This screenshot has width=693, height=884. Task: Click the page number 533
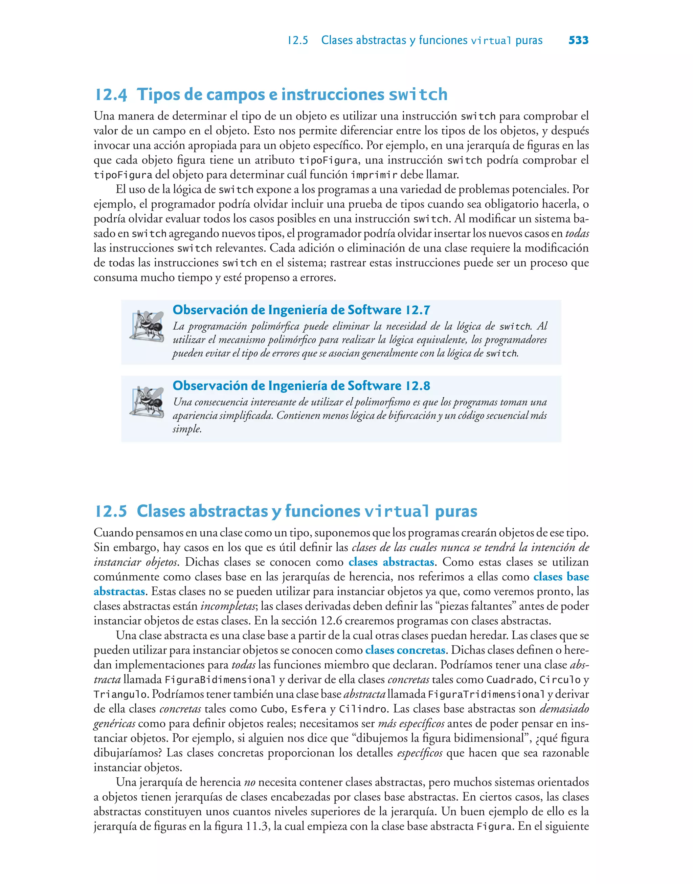coord(578,40)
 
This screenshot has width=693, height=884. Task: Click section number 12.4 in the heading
coord(111,94)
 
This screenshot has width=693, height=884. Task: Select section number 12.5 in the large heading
coord(111,511)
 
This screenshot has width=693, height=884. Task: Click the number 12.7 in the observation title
coord(418,310)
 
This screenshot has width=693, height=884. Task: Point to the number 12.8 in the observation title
coord(418,386)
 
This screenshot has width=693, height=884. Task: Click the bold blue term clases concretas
coord(405,650)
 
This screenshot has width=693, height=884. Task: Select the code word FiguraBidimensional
coord(220,680)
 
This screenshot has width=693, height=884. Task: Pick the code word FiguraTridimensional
coord(486,694)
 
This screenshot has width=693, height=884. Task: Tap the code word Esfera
coord(309,709)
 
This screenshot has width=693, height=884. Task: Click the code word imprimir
coord(374,175)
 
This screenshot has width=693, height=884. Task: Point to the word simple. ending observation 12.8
coord(187,429)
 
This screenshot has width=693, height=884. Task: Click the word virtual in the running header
coord(491,41)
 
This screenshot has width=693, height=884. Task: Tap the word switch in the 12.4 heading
coord(418,94)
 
